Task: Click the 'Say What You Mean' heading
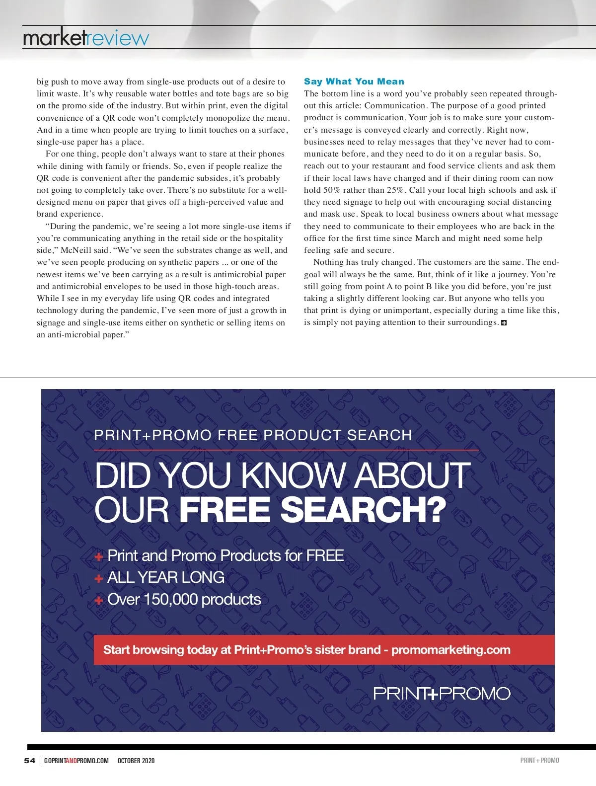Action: point(354,81)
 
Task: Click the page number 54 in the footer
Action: point(30,760)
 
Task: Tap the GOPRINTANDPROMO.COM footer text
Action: point(76,760)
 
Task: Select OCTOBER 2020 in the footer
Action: point(136,760)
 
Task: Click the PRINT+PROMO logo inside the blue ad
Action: point(442,693)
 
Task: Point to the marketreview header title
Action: point(86,38)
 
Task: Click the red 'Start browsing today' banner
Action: point(324,649)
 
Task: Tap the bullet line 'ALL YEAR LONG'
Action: point(166,577)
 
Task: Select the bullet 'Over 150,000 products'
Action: point(184,599)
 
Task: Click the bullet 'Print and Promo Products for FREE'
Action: point(225,555)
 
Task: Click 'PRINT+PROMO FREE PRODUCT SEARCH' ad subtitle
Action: point(253,435)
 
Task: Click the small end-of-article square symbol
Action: point(504,323)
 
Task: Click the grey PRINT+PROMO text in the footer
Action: point(539,760)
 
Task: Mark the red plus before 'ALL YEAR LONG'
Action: point(99,578)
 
